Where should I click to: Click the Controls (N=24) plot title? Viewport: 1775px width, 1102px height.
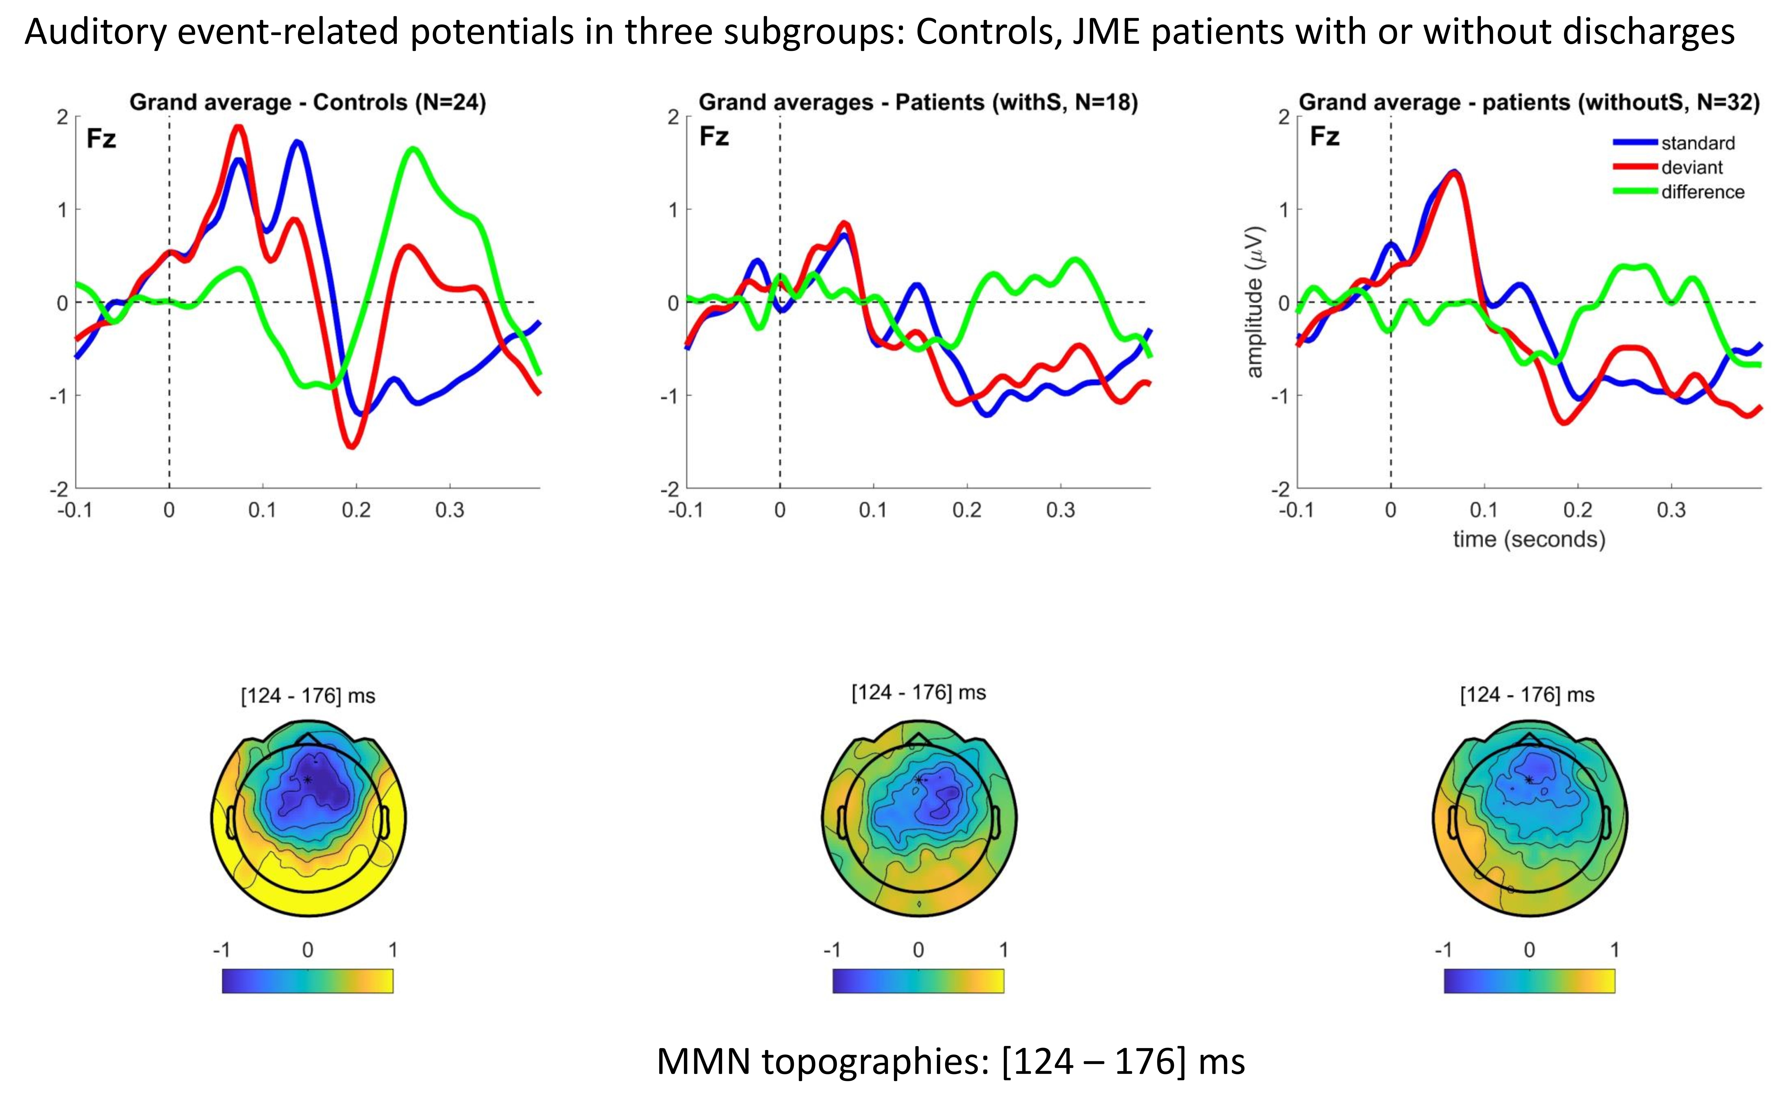click(x=307, y=102)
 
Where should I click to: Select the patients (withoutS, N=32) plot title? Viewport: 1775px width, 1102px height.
click(x=1529, y=102)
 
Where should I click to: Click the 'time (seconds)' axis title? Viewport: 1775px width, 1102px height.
click(x=1529, y=539)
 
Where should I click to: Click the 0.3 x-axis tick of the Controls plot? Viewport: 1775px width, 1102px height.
click(x=450, y=510)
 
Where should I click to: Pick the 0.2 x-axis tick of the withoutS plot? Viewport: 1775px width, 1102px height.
click(x=1578, y=510)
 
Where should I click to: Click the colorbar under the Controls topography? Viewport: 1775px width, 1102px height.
click(x=307, y=980)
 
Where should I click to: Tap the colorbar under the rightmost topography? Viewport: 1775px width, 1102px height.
click(x=1529, y=980)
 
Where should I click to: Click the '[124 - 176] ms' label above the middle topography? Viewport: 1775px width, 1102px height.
click(x=918, y=692)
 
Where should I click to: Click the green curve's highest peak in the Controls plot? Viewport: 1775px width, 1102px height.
click(x=412, y=149)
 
